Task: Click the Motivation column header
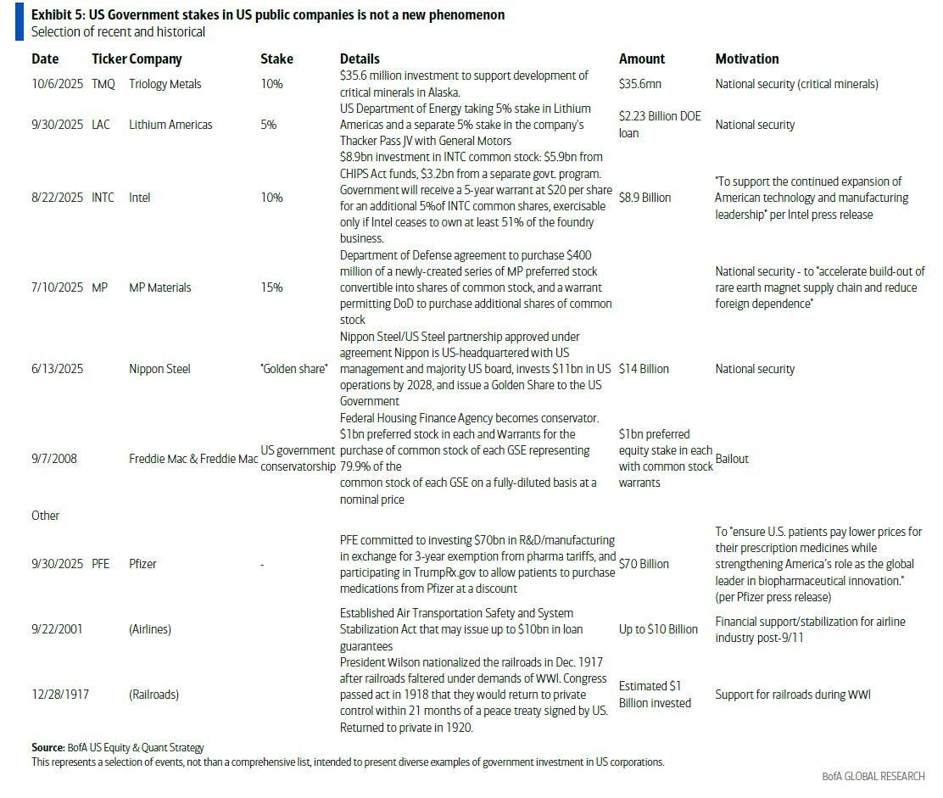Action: (x=746, y=59)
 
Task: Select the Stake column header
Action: (x=276, y=59)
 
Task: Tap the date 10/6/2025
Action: (x=57, y=84)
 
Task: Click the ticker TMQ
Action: (x=103, y=84)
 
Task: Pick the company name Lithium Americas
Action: (x=170, y=125)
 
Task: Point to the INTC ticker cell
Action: (x=103, y=198)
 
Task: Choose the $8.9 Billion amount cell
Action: (x=644, y=198)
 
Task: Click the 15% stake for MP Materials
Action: (x=271, y=287)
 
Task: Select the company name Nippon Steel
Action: (x=159, y=369)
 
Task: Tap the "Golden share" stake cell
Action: (x=294, y=369)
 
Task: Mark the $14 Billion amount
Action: (x=644, y=369)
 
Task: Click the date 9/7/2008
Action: (x=54, y=459)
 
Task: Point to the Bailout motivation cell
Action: (x=732, y=459)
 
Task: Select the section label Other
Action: (x=46, y=516)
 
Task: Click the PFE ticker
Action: (x=101, y=564)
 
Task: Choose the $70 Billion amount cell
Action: (x=644, y=564)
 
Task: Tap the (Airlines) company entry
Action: (x=150, y=629)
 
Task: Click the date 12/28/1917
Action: (x=60, y=695)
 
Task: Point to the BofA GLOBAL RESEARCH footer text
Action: (x=873, y=776)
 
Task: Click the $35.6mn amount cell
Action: (x=640, y=84)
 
